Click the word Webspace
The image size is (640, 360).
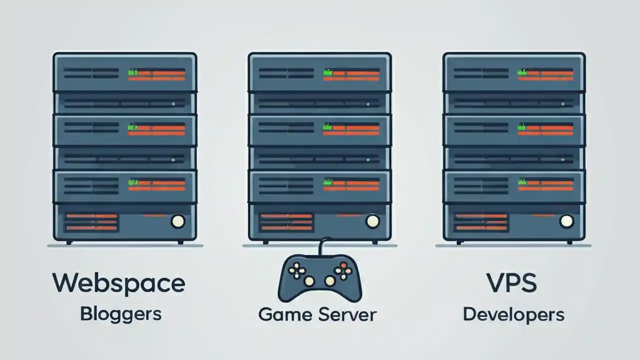118,283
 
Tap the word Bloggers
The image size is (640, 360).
120,314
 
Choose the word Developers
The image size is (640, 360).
513,315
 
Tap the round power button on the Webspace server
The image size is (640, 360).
178,221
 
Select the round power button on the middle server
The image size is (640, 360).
372,220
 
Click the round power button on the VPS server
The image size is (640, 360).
566,220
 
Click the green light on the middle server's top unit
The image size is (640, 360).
327,72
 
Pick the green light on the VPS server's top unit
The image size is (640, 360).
522,72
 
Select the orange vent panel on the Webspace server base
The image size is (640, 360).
91,222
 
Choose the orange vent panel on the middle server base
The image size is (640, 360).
286,222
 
